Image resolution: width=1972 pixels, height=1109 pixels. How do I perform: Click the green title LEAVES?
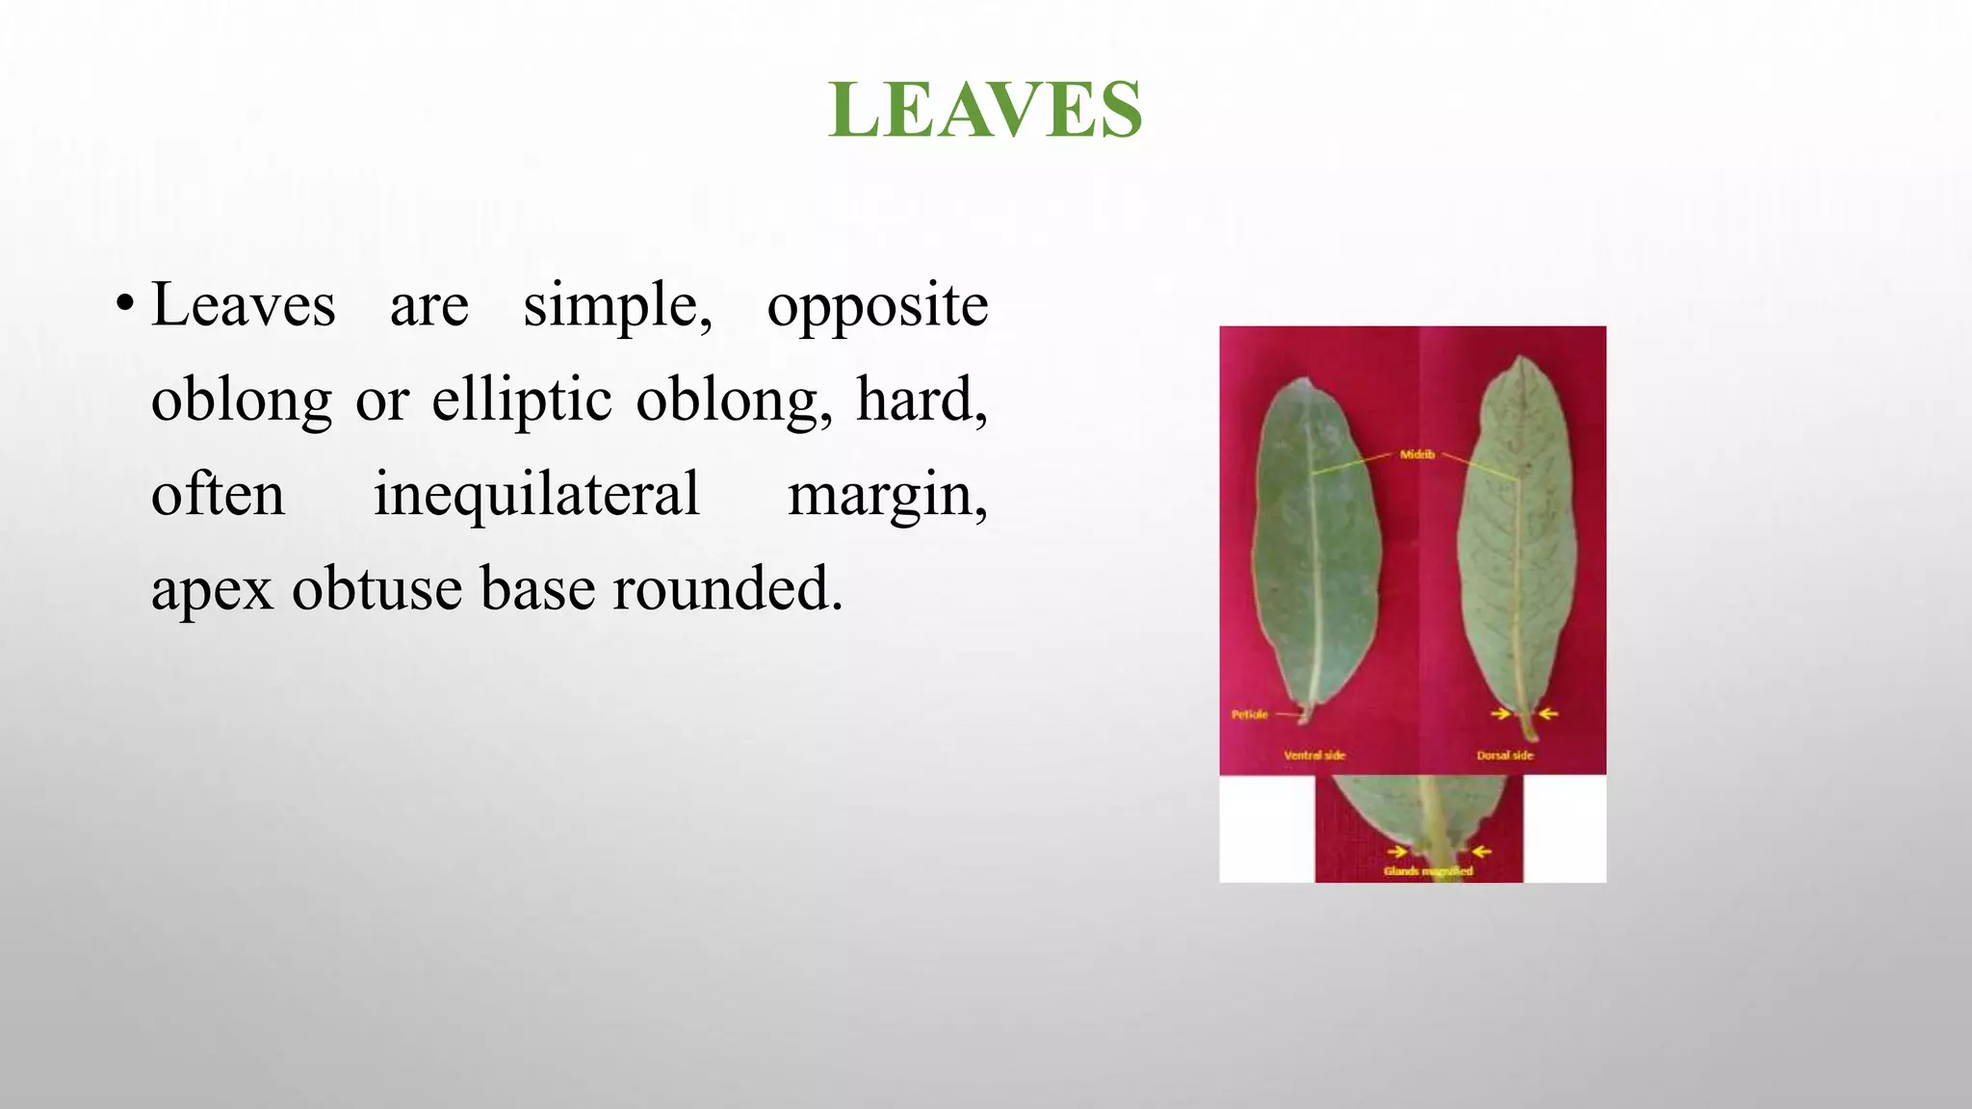point(985,110)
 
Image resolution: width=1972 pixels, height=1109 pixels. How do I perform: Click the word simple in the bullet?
point(617,306)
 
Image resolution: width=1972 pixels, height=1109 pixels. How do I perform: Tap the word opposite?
point(877,306)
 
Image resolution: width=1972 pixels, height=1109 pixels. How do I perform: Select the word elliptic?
point(521,400)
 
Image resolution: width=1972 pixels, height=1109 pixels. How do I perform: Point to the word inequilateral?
point(536,494)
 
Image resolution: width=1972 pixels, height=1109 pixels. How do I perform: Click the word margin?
point(886,496)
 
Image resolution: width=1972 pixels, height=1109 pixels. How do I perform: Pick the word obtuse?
point(376,588)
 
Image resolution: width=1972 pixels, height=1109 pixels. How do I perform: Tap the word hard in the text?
point(920,400)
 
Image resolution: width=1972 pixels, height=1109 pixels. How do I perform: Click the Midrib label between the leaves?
point(1416,454)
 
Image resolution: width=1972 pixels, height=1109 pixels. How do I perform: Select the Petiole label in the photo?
point(1250,714)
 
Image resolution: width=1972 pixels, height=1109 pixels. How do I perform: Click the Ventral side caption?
point(1314,756)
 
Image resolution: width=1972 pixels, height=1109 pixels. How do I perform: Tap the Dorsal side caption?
point(1504,756)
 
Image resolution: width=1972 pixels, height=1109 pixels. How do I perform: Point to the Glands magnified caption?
point(1428,871)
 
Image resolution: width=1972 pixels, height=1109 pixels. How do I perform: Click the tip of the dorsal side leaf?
point(1520,358)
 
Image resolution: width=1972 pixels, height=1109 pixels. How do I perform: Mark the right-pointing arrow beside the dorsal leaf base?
point(1500,713)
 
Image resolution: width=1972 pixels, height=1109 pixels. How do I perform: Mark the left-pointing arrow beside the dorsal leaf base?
point(1548,713)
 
